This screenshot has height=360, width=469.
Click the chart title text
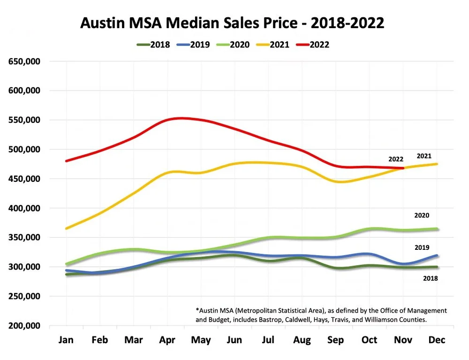(233, 23)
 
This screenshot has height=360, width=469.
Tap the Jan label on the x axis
(66, 340)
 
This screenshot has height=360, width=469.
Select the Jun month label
(234, 340)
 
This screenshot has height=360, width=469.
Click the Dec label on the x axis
(437, 340)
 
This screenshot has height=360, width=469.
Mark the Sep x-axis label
(336, 340)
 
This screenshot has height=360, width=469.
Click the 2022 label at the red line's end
(396, 159)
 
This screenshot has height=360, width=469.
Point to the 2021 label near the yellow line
(424, 156)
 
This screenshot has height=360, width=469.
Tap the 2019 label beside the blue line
(422, 247)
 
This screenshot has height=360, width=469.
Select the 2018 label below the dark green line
(430, 278)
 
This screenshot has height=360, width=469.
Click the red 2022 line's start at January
(66, 161)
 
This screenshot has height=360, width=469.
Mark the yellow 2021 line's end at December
(437, 164)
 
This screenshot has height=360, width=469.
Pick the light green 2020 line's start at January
(66, 264)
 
